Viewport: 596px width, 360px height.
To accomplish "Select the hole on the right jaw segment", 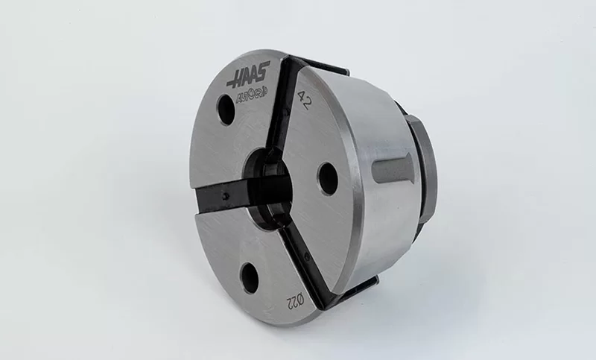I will coord(326,179).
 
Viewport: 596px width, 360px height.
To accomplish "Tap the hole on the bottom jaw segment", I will coord(250,278).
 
